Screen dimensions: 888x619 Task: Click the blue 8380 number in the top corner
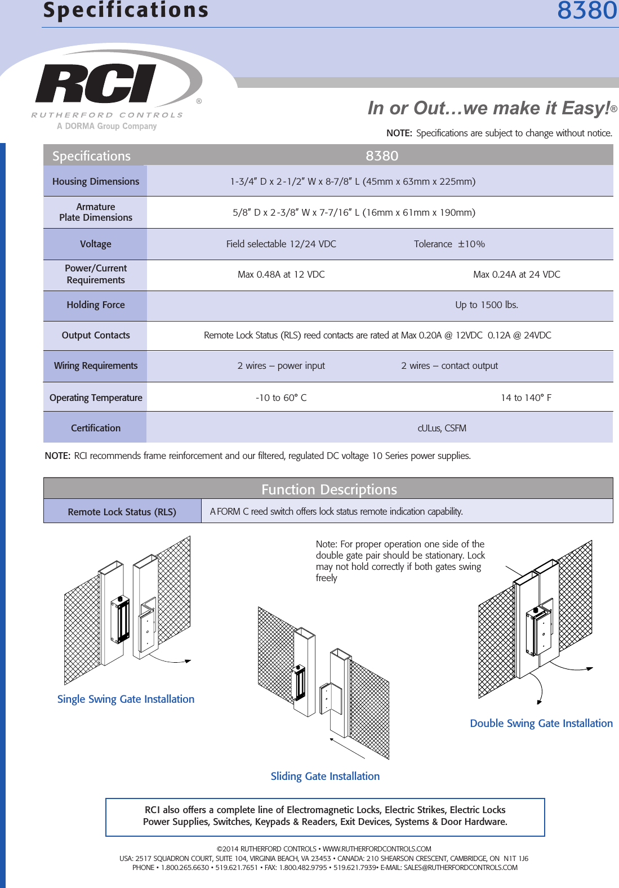pos(586,11)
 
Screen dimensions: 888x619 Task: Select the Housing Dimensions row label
pos(95,181)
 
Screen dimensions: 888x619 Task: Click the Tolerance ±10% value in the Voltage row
pos(449,244)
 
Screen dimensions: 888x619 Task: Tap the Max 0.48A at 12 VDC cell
pos(281,275)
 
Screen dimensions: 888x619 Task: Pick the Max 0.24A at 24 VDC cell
pos(516,275)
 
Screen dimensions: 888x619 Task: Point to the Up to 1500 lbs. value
pos(487,305)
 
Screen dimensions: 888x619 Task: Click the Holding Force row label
pos(95,305)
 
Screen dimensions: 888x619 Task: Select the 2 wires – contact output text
pos(449,366)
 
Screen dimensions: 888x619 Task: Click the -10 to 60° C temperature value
pos(281,398)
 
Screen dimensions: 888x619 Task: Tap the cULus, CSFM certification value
pos(442,429)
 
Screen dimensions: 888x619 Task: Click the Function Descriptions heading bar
pos(328,489)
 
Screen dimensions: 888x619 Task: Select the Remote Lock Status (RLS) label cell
pos(122,512)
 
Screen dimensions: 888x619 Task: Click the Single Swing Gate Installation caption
pos(126,699)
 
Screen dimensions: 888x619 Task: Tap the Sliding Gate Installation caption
pos(325,777)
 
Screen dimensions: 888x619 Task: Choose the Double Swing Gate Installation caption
pos(541,724)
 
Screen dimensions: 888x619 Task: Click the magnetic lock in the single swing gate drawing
pos(120,620)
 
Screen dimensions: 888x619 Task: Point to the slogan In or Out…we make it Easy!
pos(489,108)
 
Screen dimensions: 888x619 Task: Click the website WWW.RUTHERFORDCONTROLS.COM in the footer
pos(376,849)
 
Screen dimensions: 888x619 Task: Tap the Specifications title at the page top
pos(126,11)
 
